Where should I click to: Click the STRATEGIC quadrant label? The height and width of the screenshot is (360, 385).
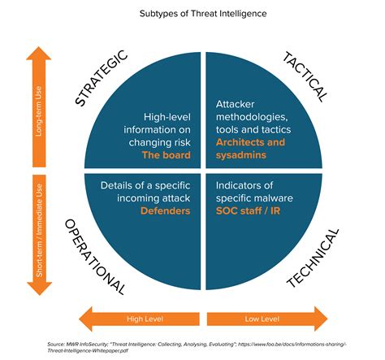(102, 78)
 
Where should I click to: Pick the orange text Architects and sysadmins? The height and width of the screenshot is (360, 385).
(252, 149)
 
